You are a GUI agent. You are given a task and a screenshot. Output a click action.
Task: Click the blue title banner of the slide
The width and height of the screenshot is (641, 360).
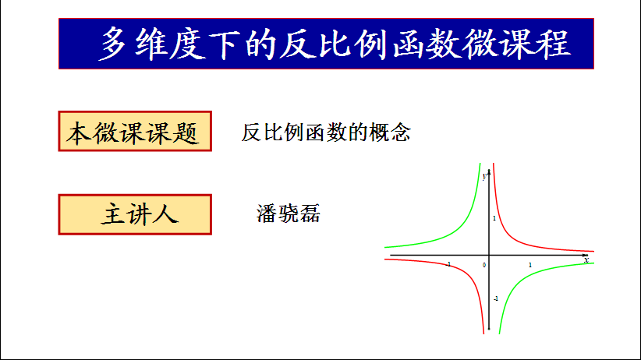coord(326,44)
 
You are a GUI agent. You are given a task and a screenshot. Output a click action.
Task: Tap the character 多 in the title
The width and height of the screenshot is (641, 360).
coord(113,44)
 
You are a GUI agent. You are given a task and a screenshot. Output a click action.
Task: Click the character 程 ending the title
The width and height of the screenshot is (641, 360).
coord(554,44)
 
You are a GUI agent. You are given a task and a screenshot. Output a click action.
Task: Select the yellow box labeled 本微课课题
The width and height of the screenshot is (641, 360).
coord(135,131)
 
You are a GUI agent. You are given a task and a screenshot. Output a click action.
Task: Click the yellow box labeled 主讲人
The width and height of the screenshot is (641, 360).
coord(135,214)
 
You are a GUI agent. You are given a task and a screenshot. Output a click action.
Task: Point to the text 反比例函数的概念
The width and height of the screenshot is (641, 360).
coord(326,132)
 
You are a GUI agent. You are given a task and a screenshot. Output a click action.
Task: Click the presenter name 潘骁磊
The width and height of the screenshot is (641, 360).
coord(289,214)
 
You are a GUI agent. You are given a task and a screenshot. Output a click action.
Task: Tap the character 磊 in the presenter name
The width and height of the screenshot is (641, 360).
coord(310,214)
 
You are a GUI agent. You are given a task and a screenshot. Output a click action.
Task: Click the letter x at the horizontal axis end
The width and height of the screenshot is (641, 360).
coord(586,260)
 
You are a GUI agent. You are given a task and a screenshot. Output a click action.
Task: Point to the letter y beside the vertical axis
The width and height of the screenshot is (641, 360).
coord(484,177)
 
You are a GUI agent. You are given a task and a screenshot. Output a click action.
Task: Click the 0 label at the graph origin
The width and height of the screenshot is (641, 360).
coord(484,265)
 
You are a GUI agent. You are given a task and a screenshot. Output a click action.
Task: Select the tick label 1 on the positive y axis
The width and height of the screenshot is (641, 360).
coord(494,218)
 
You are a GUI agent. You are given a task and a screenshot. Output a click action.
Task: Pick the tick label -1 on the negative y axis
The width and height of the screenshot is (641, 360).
coord(496,298)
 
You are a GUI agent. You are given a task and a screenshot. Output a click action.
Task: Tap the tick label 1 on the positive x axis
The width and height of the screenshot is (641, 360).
coord(530,265)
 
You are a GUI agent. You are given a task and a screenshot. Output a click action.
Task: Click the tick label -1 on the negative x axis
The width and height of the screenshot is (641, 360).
coord(448,264)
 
